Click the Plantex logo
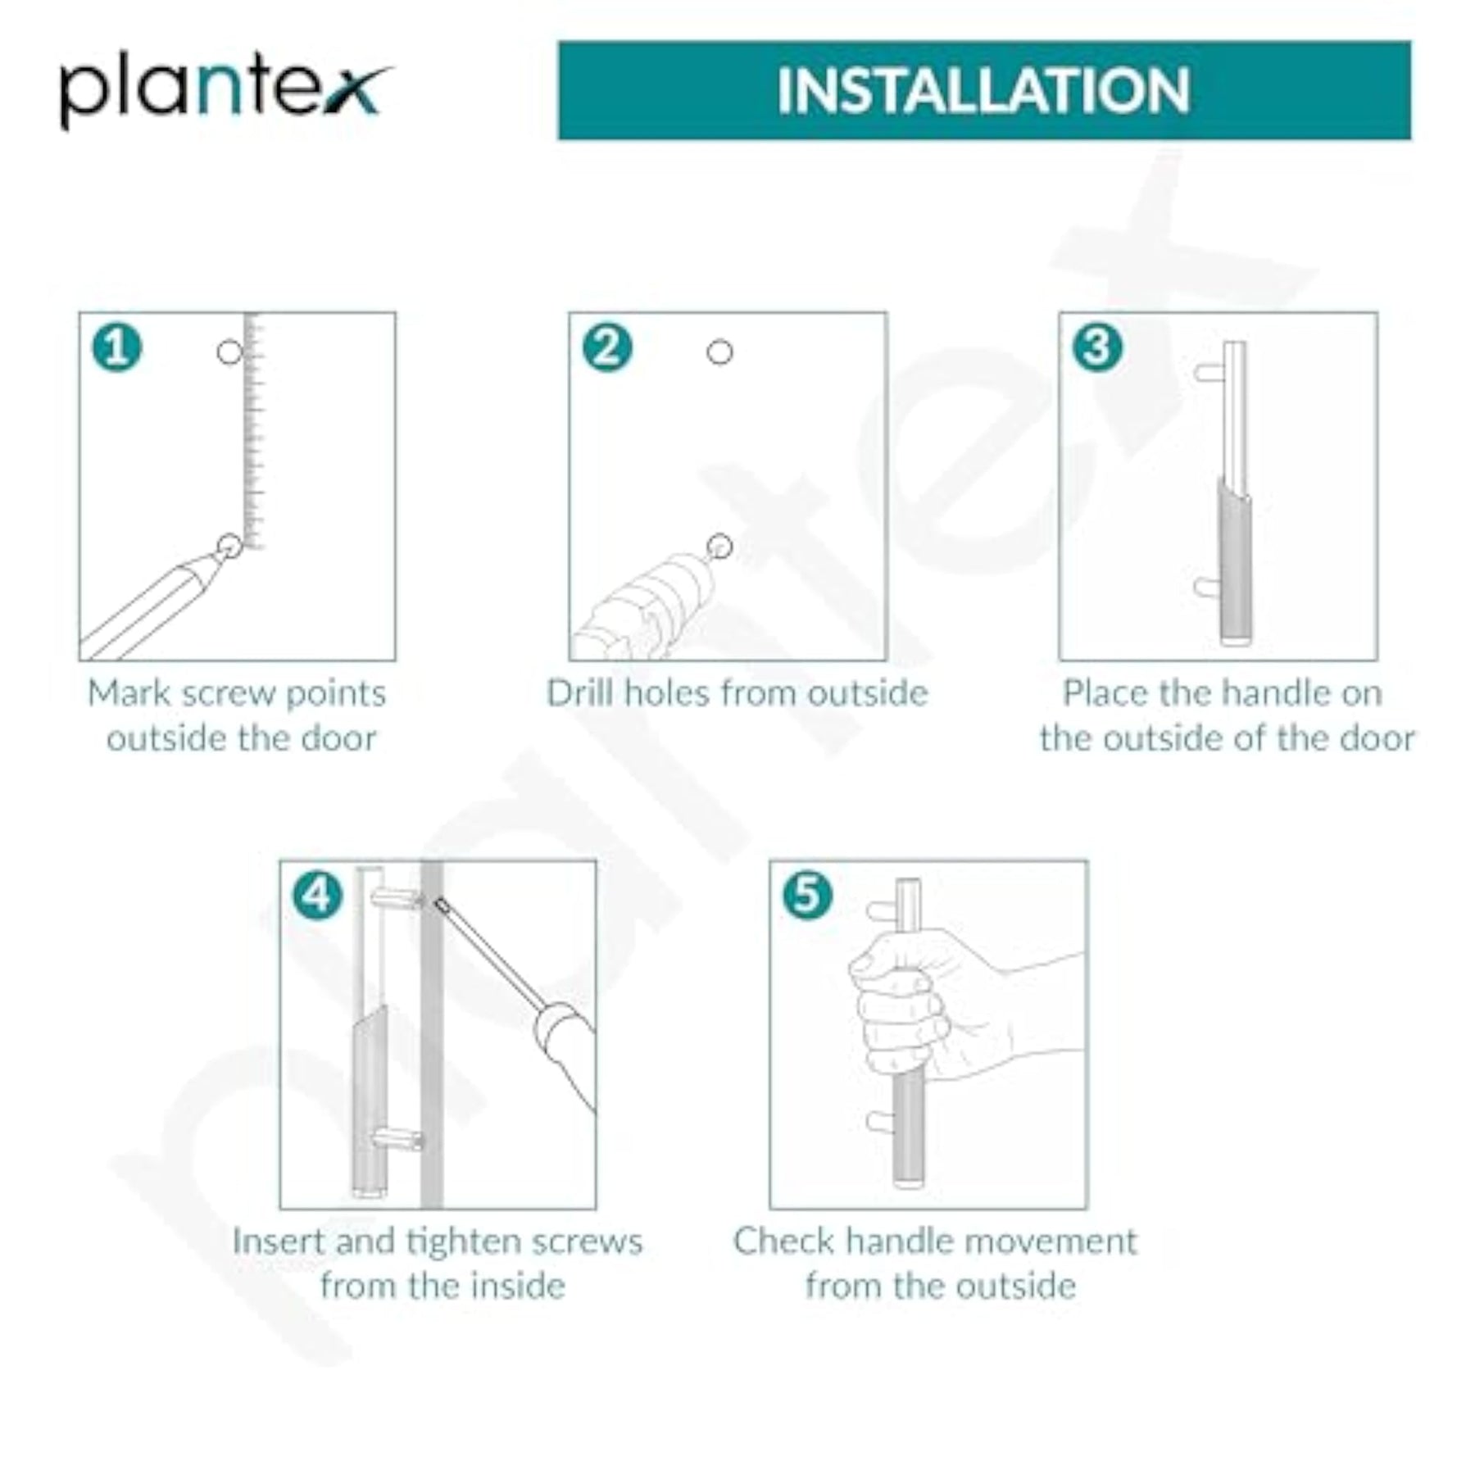pyautogui.click(x=225, y=90)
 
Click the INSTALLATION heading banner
pyautogui.click(x=984, y=90)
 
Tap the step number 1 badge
pyautogui.click(x=117, y=347)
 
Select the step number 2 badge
pyautogui.click(x=607, y=347)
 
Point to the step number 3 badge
pyautogui.click(x=1097, y=347)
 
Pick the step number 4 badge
pyautogui.click(x=317, y=895)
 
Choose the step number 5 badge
pyautogui.click(x=807, y=895)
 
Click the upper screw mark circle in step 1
pyautogui.click(x=229, y=352)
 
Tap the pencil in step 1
pyautogui.click(x=152, y=606)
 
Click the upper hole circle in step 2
pyautogui.click(x=719, y=352)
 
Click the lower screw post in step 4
pyautogui.click(x=397, y=1138)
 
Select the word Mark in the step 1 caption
pyautogui.click(x=126, y=693)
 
